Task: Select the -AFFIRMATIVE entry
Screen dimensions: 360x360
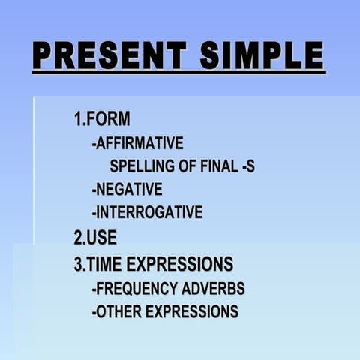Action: (x=137, y=142)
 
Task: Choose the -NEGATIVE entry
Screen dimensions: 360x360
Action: (x=127, y=189)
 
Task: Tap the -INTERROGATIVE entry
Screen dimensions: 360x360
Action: (x=147, y=213)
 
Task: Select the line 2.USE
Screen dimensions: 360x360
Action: (x=95, y=238)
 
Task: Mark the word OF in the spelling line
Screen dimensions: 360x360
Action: (x=187, y=166)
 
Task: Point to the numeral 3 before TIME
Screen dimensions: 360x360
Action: (x=77, y=263)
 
